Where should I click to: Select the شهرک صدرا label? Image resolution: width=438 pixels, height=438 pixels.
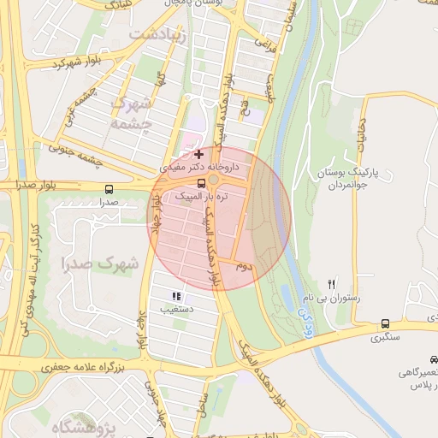pos(100,263)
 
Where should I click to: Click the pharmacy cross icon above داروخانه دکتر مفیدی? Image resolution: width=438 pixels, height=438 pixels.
pos(199,155)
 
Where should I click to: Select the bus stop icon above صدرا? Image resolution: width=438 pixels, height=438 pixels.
pos(108,189)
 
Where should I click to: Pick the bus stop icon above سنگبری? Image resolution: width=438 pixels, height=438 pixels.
pos(385,324)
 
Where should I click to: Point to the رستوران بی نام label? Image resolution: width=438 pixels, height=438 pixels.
pos(325,299)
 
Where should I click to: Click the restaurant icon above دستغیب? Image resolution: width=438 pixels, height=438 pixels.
pos(176,296)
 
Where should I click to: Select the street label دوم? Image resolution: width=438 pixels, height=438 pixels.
pos(246,267)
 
